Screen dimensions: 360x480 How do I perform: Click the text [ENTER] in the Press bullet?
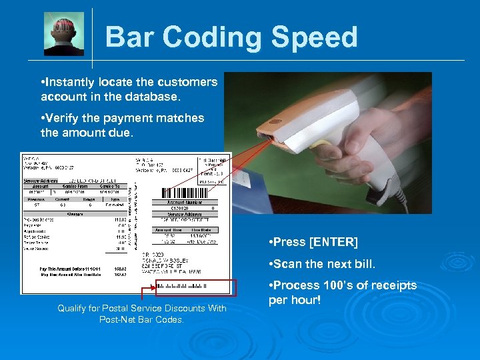(x=333, y=241)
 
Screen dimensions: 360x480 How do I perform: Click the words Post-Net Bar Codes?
(x=141, y=319)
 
